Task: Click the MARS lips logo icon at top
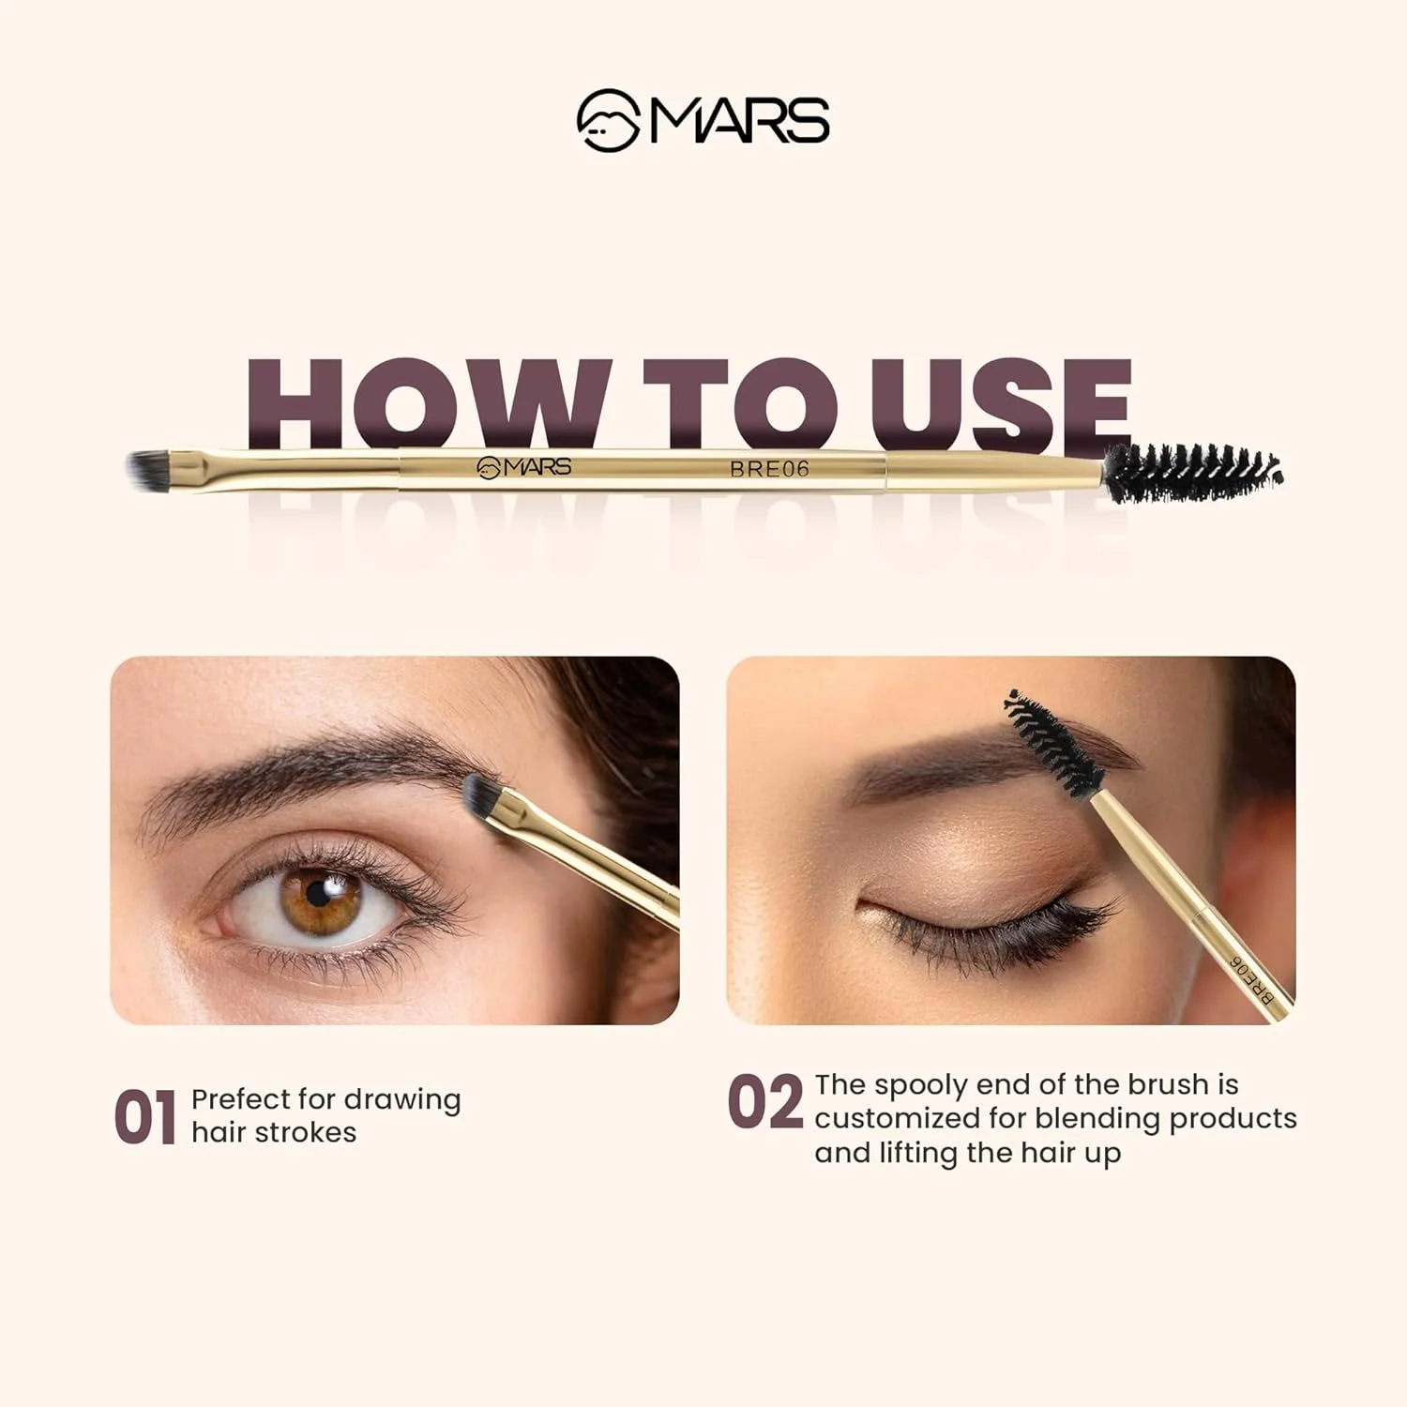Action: (x=608, y=120)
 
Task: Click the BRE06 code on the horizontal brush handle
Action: (x=769, y=469)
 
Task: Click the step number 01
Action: (x=145, y=1117)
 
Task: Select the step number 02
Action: (x=765, y=1102)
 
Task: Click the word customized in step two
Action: (x=897, y=1118)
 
